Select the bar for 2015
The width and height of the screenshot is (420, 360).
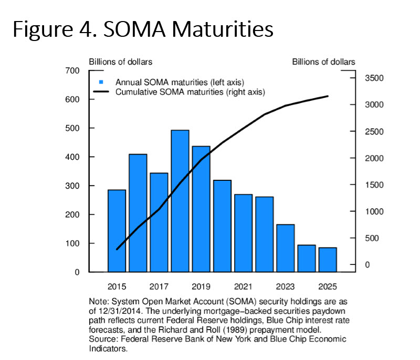tap(117, 231)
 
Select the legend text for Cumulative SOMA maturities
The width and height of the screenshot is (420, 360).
tap(190, 92)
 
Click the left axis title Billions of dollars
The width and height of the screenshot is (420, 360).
tap(120, 62)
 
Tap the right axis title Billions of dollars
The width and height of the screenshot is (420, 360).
tap(323, 62)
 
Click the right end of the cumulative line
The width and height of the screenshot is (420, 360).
tap(328, 96)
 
